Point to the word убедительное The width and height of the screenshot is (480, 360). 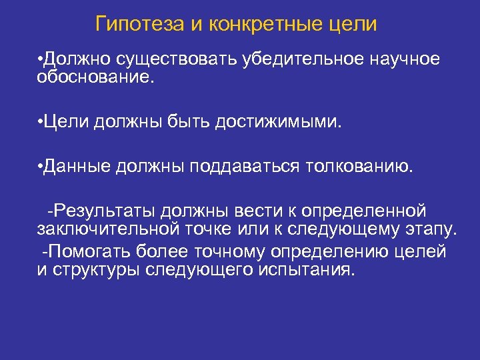305,59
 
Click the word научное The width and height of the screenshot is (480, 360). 407,59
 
